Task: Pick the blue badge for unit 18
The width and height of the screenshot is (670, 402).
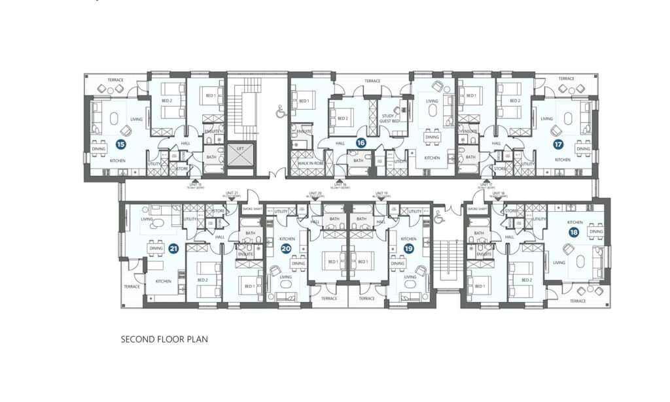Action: pos(574,232)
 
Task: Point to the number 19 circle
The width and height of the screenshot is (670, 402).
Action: pos(409,248)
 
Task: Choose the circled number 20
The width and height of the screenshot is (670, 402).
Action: pos(285,248)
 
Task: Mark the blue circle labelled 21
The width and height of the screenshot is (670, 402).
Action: pos(173,248)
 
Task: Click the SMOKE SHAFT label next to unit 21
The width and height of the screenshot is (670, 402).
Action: pos(251,209)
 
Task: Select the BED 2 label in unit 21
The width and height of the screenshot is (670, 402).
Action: pos(202,280)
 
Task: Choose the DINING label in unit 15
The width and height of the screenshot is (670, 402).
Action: pos(98,149)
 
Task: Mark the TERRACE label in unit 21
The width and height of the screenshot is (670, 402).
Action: pos(132,286)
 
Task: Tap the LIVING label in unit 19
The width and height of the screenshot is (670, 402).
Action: pos(410,276)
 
